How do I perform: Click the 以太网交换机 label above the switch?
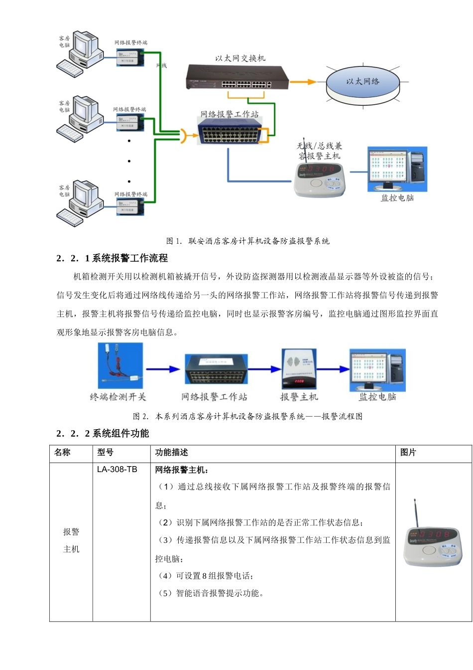click(240, 58)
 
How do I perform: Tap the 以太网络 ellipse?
click(363, 82)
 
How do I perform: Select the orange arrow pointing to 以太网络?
click(303, 82)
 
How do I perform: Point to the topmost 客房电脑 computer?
click(80, 53)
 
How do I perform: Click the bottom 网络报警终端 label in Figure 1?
click(131, 194)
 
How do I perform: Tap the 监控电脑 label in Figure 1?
click(397, 198)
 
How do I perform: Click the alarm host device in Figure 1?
click(319, 179)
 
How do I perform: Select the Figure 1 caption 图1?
click(247, 241)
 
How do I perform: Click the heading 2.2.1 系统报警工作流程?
click(112, 258)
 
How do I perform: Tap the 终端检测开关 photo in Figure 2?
click(120, 366)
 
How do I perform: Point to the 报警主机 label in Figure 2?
click(299, 397)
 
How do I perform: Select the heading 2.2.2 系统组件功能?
click(103, 433)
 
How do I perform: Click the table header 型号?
click(105, 452)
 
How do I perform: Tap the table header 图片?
click(408, 452)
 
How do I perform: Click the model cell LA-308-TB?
click(117, 470)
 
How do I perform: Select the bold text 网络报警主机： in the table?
click(182, 470)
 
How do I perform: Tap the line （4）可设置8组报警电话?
click(205, 576)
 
